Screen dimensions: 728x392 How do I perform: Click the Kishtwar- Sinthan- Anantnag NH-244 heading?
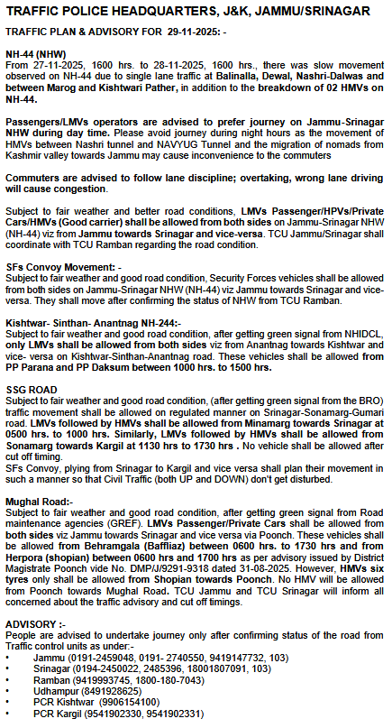tap(93, 322)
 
